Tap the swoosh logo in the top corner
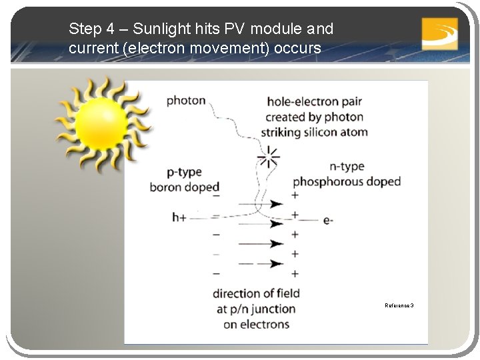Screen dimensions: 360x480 click(439, 33)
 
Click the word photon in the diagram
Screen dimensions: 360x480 click(186, 101)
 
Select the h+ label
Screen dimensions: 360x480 click(179, 217)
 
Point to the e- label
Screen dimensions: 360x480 click(328, 219)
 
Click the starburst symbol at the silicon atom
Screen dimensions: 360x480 click(269, 157)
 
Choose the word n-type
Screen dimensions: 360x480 click(347, 166)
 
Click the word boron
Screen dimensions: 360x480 click(167, 187)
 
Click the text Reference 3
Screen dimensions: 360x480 click(399, 305)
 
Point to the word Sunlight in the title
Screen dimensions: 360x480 click(159, 29)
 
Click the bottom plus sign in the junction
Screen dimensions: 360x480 click(295, 273)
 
